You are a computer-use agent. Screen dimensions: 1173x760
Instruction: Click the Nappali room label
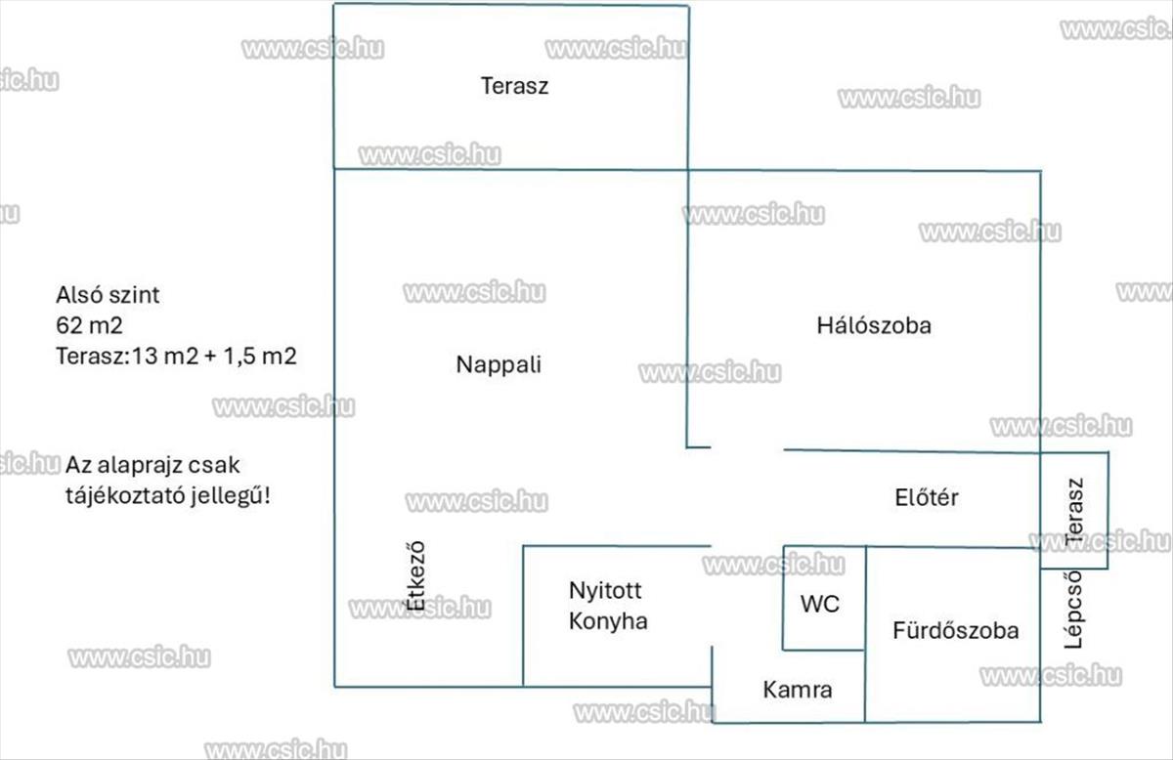tap(499, 364)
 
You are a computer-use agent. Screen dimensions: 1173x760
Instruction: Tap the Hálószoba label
tap(874, 325)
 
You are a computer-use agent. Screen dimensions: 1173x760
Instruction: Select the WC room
tap(824, 598)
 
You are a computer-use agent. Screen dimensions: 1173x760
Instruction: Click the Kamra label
tap(798, 690)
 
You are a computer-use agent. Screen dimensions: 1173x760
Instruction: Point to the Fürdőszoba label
tap(956, 630)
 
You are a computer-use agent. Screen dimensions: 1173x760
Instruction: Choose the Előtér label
tap(927, 497)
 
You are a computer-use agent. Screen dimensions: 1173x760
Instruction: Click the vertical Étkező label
tap(415, 575)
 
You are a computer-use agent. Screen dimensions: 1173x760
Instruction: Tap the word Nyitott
tap(605, 591)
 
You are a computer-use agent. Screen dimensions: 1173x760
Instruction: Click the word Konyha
tap(608, 621)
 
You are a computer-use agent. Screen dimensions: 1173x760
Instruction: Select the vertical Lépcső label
tap(1073, 610)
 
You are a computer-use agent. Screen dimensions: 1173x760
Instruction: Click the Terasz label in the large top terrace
tap(515, 86)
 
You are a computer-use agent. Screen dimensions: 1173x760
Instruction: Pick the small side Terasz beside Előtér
tap(1074, 510)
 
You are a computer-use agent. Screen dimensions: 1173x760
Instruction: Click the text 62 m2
tap(89, 325)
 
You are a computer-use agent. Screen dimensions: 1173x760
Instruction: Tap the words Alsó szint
tap(108, 295)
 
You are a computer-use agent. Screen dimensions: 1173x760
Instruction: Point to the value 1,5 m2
tap(260, 357)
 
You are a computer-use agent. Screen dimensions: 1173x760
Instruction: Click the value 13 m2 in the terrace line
tap(164, 357)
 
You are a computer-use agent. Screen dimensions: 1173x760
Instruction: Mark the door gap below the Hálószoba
tap(747, 448)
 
